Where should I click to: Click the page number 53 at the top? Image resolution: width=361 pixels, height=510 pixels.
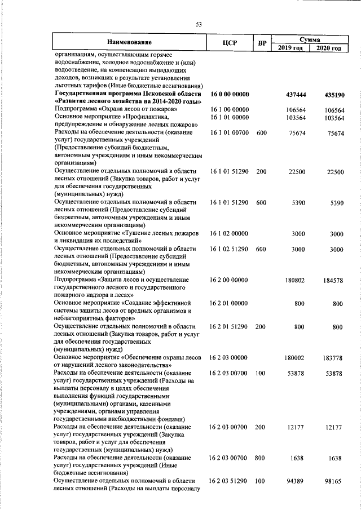click(x=199, y=24)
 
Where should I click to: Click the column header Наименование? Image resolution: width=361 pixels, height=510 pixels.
click(x=130, y=43)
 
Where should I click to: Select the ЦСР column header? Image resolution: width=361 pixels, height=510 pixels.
click(x=231, y=43)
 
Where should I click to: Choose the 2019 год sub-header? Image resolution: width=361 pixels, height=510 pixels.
click(x=291, y=48)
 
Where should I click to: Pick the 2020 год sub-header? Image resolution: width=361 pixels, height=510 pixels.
click(x=329, y=48)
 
